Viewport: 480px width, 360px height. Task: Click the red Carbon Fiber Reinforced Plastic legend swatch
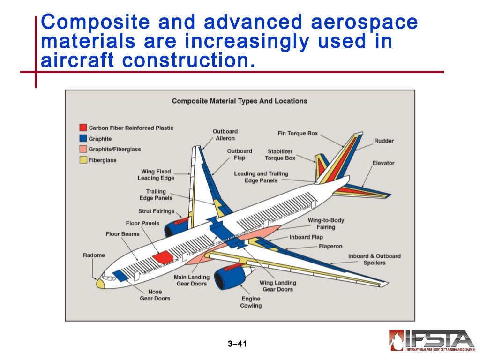point(83,128)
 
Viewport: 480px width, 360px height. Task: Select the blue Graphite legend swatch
point(83,139)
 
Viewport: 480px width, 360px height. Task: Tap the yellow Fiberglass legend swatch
point(83,160)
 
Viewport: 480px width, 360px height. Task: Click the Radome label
point(94,255)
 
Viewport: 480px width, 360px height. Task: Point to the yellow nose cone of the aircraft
point(100,283)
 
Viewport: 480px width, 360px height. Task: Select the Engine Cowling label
point(251,302)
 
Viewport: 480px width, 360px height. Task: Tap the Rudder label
point(384,141)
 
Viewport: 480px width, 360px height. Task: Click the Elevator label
point(383,163)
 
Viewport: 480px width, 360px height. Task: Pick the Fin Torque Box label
point(298,134)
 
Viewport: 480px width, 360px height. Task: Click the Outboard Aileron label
point(225,135)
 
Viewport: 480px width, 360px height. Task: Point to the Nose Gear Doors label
point(155,295)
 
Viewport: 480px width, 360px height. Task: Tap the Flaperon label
point(330,247)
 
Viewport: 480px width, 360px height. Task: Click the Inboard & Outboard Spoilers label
point(374,259)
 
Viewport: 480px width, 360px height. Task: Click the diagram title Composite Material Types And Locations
point(240,101)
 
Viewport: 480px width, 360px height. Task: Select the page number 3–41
point(237,344)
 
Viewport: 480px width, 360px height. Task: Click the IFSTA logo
point(432,340)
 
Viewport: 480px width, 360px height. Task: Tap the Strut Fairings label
point(156,211)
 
